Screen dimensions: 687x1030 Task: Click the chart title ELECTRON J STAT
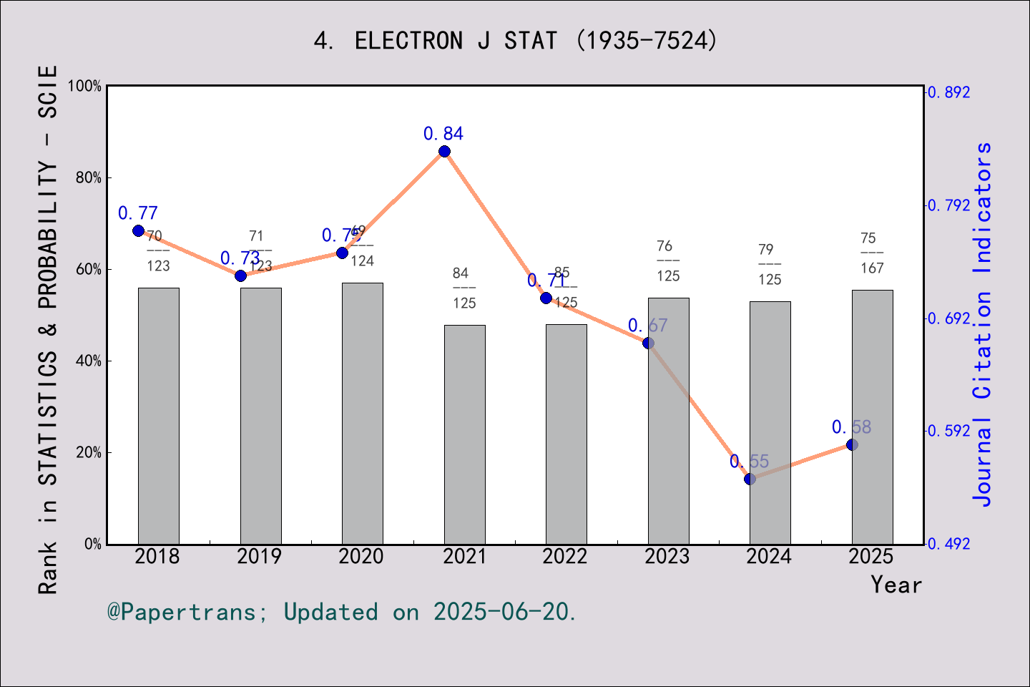(x=515, y=41)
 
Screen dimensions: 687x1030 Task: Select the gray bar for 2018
(x=159, y=415)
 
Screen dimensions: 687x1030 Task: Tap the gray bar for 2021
(x=464, y=434)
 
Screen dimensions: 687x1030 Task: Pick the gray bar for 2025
(x=872, y=416)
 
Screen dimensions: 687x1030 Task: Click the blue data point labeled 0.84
(x=444, y=151)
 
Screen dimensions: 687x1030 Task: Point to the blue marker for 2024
(x=750, y=479)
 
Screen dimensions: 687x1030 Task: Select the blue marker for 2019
(x=240, y=276)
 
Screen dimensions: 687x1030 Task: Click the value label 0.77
(x=138, y=213)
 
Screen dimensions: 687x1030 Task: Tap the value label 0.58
(x=851, y=427)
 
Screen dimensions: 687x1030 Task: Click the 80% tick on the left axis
(x=89, y=177)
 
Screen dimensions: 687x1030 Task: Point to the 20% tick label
(x=89, y=452)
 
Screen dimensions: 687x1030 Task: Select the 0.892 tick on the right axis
(x=949, y=92)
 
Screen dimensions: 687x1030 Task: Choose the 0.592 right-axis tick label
(x=949, y=431)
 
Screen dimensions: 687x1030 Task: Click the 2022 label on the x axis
(x=565, y=556)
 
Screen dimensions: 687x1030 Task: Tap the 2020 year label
(x=361, y=556)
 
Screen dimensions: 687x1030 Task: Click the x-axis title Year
(x=896, y=585)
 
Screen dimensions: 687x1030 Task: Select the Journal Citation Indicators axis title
(x=983, y=324)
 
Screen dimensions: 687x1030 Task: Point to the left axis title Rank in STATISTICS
(x=47, y=329)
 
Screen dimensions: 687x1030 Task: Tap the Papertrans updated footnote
(x=342, y=612)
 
